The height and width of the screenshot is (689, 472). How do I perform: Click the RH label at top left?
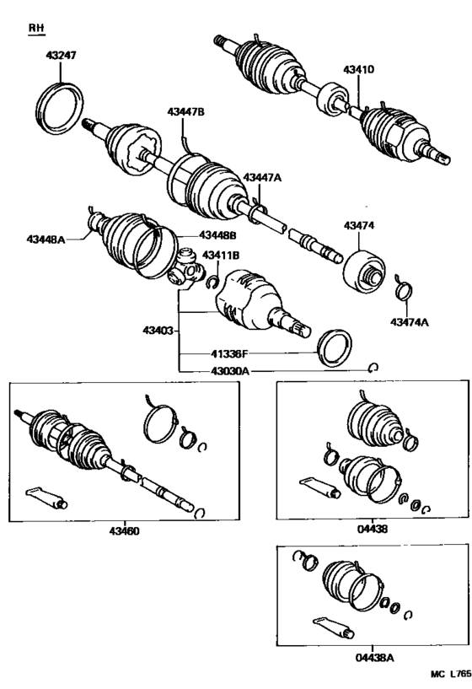(35, 28)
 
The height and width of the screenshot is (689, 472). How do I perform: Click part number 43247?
(60, 57)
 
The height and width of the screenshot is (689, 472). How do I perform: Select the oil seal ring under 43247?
(62, 105)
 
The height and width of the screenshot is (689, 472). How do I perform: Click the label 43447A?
(262, 177)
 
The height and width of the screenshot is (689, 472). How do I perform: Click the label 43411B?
(220, 255)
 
